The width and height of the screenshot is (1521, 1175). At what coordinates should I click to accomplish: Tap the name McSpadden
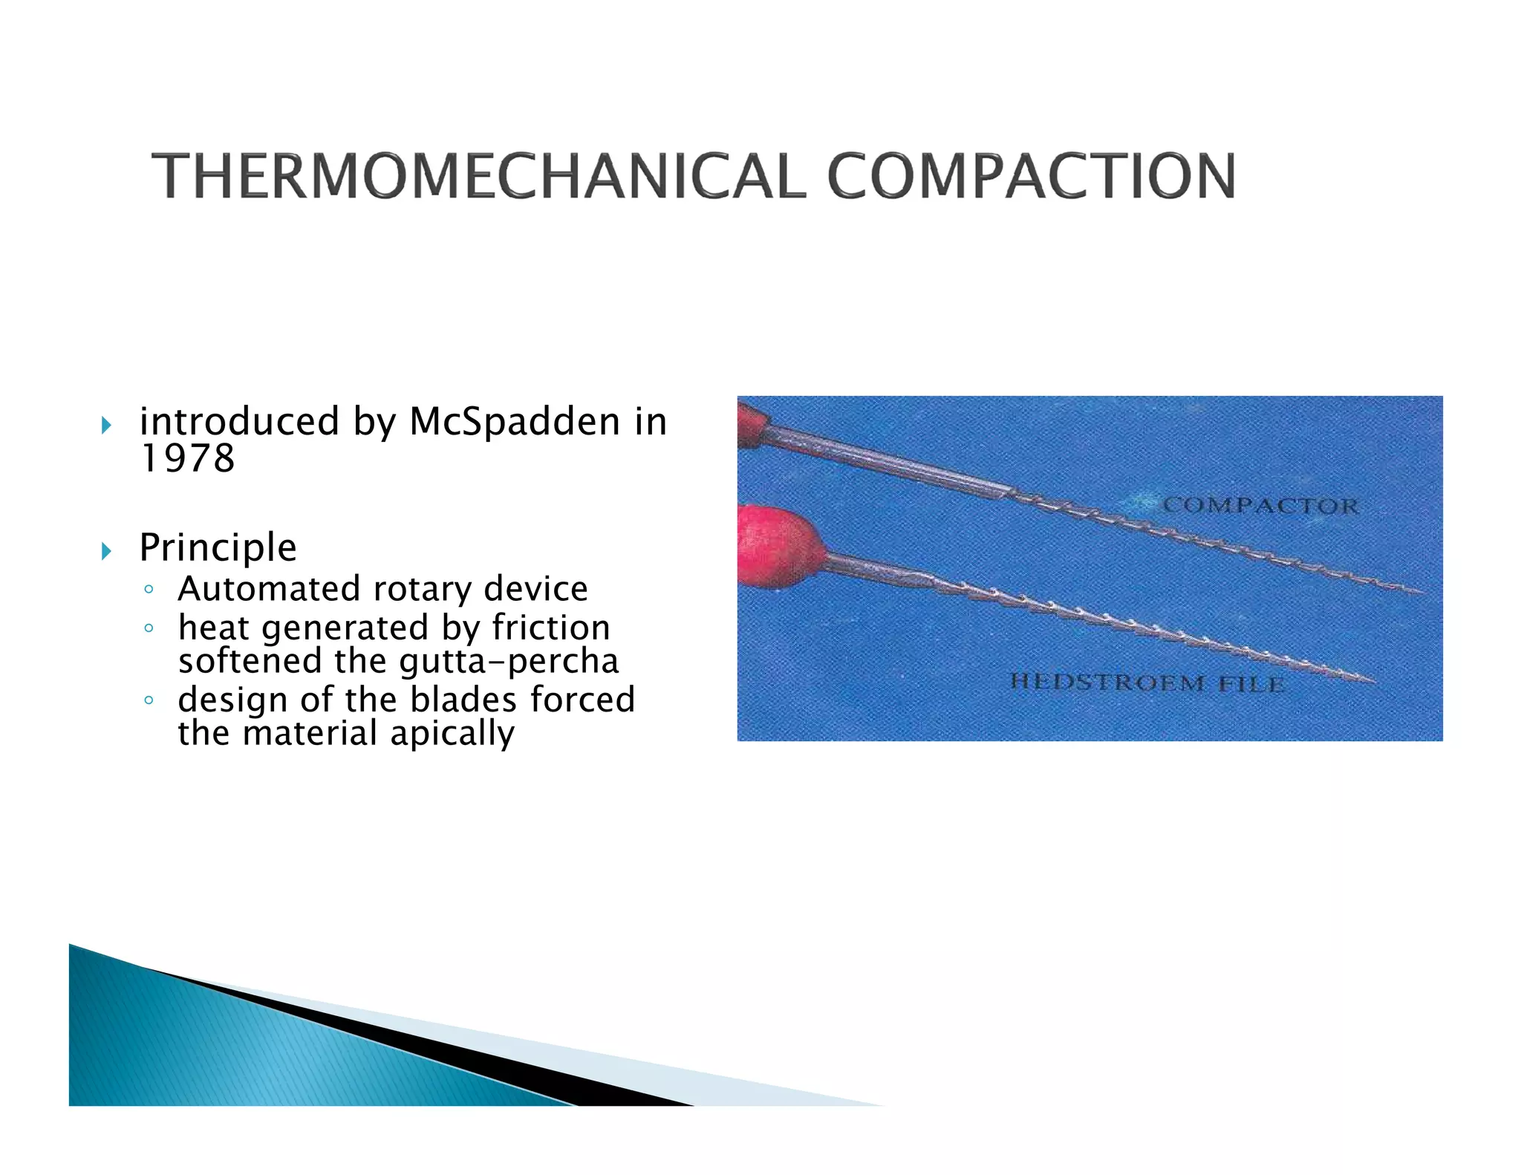point(515,422)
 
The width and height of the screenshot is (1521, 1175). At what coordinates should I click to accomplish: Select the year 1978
point(187,458)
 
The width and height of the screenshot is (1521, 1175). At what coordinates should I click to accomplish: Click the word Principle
point(218,547)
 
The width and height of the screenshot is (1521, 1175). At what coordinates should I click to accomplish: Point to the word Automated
point(270,589)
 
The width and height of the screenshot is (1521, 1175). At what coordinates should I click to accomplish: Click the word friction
point(550,628)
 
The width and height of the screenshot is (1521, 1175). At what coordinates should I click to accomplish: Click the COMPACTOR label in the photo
point(1260,506)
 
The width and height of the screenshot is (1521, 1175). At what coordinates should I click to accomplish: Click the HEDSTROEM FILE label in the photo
point(1147,683)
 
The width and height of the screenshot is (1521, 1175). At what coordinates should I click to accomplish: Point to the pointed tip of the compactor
point(1420,593)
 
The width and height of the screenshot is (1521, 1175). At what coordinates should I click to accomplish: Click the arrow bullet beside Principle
point(106,551)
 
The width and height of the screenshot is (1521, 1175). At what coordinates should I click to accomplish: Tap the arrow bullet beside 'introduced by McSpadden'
point(106,425)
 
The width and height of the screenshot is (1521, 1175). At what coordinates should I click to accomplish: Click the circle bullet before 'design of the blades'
point(149,700)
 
